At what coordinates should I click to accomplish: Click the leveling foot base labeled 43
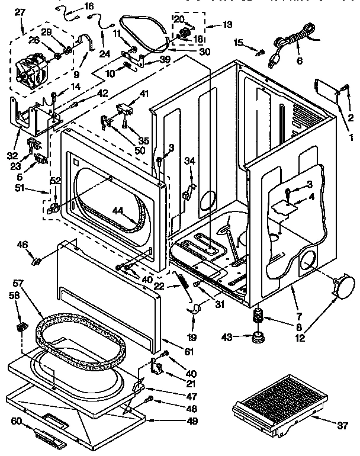click(258, 338)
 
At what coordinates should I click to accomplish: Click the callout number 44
click(117, 210)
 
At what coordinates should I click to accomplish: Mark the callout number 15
click(238, 41)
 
